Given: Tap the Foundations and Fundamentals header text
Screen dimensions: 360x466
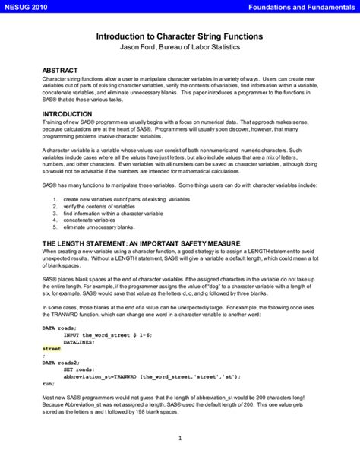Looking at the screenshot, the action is coord(305,6).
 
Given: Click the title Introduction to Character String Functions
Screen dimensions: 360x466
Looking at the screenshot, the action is coord(179,36).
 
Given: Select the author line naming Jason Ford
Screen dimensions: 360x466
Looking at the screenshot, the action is coord(179,47).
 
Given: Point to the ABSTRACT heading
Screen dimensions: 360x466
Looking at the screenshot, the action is coord(60,70).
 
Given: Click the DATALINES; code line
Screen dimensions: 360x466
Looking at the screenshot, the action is coord(81,341).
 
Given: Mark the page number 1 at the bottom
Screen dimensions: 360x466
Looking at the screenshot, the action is coord(180,438).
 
